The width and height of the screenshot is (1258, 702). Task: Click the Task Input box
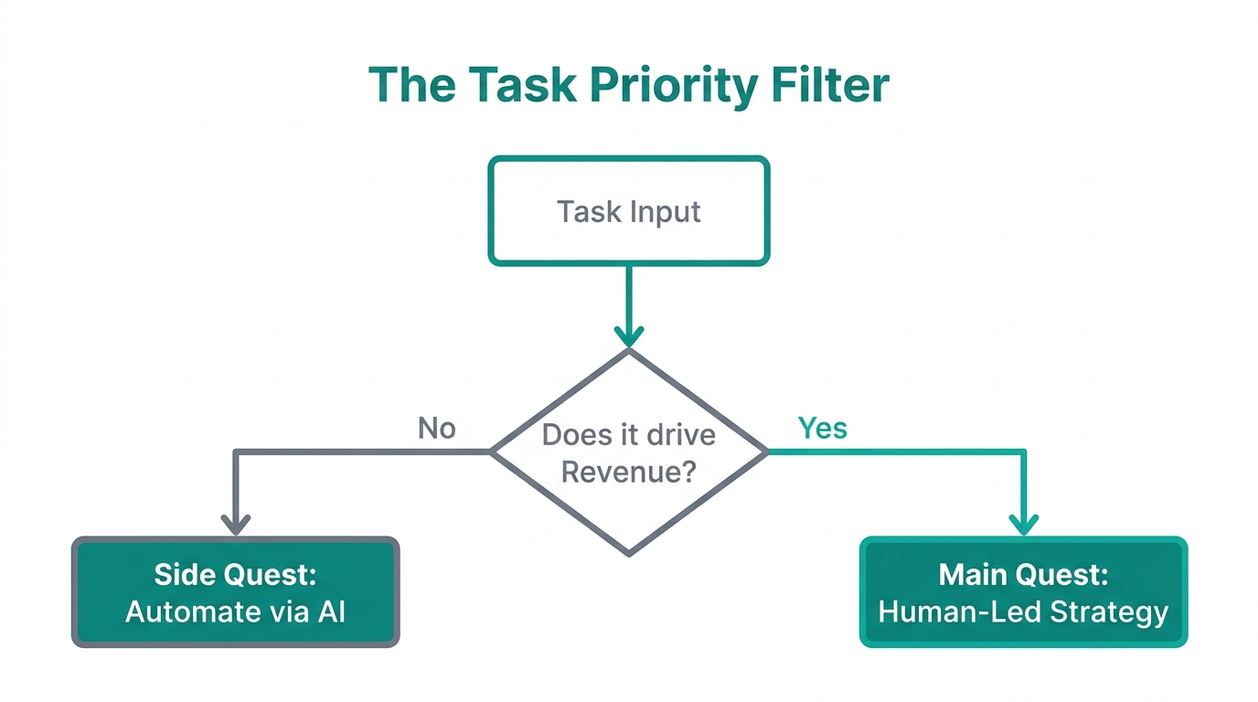pyautogui.click(x=629, y=211)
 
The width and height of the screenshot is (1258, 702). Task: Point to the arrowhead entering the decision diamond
pyautogui.click(x=629, y=336)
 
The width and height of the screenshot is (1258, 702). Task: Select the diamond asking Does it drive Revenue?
pyautogui.click(x=629, y=452)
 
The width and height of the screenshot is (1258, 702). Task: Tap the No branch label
pyautogui.click(x=436, y=428)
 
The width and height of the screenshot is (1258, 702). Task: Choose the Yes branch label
pyautogui.click(x=822, y=428)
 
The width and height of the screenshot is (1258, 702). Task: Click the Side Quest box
pyautogui.click(x=235, y=592)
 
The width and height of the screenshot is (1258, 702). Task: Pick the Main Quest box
pyautogui.click(x=1023, y=592)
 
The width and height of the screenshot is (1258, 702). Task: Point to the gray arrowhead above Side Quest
pyautogui.click(x=236, y=525)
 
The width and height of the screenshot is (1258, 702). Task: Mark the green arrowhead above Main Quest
pyautogui.click(x=1023, y=525)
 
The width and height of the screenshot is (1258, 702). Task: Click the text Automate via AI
pyautogui.click(x=235, y=612)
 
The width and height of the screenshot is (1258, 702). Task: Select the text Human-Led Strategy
pyautogui.click(x=1023, y=612)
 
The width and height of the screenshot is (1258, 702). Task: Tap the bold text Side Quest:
pyautogui.click(x=235, y=574)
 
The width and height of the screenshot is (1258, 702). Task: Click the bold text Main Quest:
pyautogui.click(x=1023, y=574)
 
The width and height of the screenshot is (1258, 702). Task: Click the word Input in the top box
pyautogui.click(x=664, y=212)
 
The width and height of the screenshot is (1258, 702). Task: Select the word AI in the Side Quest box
pyautogui.click(x=332, y=612)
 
